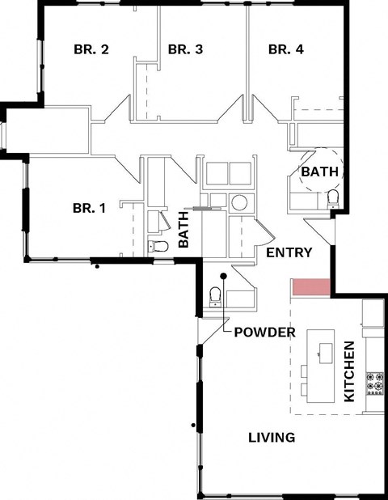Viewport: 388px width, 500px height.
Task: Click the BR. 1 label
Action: coord(90,208)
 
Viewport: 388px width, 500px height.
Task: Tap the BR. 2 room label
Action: coord(92,49)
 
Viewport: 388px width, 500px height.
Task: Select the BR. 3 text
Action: coord(185,49)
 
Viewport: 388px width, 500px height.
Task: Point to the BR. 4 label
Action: coord(285,49)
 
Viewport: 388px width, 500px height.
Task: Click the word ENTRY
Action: coord(289,252)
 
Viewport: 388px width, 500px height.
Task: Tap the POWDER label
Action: coord(264,333)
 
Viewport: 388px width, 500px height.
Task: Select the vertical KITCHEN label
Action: coord(349,372)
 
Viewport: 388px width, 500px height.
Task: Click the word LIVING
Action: coord(271,438)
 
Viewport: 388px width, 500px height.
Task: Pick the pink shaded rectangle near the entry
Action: coord(312,286)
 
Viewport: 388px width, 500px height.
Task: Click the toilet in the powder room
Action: coord(216,298)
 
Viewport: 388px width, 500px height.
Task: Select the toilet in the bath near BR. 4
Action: coord(332,199)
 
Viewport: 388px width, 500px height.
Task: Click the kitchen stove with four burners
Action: coord(374,382)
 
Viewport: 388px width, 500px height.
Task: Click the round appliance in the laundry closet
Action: coord(239,202)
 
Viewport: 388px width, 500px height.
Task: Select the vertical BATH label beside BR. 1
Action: coord(183,230)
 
